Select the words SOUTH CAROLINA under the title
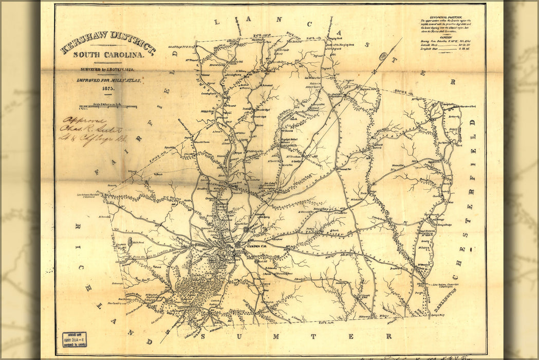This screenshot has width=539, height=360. [x=108, y=55]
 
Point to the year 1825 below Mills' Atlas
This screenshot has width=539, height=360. [x=108, y=88]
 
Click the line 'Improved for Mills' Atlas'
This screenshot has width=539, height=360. [x=108, y=80]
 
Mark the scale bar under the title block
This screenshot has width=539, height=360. [x=108, y=107]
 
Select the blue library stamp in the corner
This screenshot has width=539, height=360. [x=74, y=339]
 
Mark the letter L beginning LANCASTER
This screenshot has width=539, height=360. [x=217, y=22]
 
